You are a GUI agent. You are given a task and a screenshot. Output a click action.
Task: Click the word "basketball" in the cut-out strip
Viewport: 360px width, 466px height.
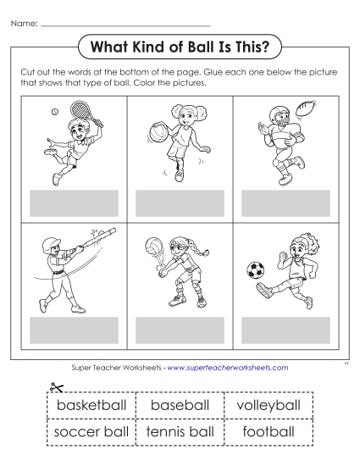click(x=78, y=406)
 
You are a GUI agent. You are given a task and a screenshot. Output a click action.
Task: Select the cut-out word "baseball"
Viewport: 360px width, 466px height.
click(x=180, y=406)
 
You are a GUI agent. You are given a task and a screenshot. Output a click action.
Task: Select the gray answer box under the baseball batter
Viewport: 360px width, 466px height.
click(x=74, y=329)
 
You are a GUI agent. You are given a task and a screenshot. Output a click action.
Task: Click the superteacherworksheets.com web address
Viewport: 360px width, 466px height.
click(x=228, y=368)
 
